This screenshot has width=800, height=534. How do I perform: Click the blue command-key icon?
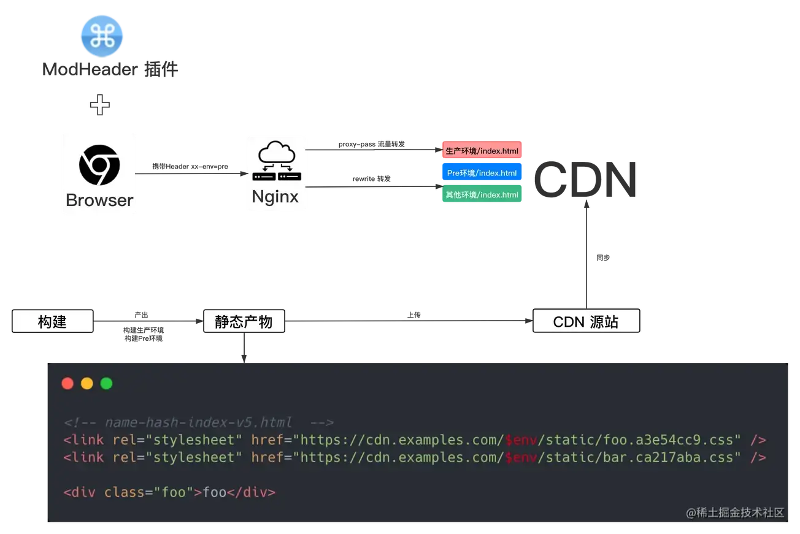coord(101,36)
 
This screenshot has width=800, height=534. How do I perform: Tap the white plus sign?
coord(100,105)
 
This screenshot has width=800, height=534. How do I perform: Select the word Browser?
coord(99,200)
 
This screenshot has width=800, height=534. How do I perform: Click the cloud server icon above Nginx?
coord(277,160)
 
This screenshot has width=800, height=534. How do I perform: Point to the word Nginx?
coord(275,197)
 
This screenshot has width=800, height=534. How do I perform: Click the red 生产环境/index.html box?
coord(482,151)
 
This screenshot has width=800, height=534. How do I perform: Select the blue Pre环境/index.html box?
coord(482,173)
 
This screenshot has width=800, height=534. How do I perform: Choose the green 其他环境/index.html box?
coord(482,195)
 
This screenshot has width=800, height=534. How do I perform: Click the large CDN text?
coord(583,179)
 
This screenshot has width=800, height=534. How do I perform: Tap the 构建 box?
coord(52,322)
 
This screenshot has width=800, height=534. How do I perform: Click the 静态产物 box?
coord(244,322)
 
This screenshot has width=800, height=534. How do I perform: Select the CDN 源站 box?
coord(586,322)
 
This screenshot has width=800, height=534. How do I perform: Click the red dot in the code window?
coord(67,384)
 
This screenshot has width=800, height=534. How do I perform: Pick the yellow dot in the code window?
coord(87,384)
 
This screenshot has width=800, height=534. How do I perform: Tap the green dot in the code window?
coord(106,384)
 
